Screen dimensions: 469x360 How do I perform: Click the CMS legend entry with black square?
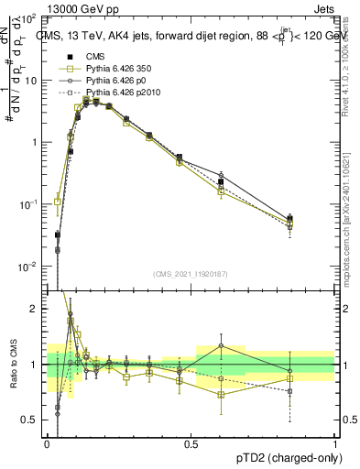pyautogui.click(x=96, y=57)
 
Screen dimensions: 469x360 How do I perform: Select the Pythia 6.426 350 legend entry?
pyautogui.click(x=115, y=70)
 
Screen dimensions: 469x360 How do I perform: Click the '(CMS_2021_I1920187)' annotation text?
pyautogui.click(x=190, y=274)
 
